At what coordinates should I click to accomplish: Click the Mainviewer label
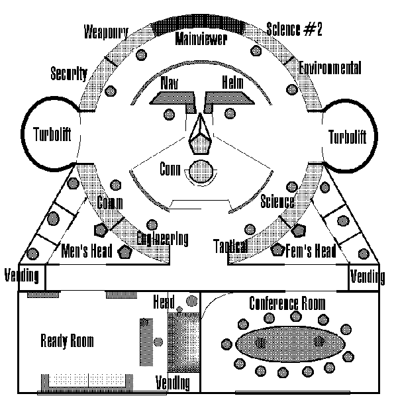[x=201, y=40]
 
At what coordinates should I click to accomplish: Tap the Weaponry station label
[x=106, y=32]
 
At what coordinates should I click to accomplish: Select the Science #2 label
[x=294, y=30]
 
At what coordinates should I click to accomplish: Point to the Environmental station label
[x=329, y=68]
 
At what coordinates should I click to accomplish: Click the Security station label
[x=68, y=74]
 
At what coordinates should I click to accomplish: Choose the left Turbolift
[x=52, y=135]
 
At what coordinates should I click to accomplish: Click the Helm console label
[x=232, y=84]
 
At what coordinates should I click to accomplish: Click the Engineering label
[x=163, y=238]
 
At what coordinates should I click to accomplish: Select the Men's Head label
[x=88, y=252]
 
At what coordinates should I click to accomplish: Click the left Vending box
[x=22, y=275]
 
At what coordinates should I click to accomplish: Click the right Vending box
[x=367, y=275]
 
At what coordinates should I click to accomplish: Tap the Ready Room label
[x=67, y=342]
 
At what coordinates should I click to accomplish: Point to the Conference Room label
[x=287, y=303]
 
